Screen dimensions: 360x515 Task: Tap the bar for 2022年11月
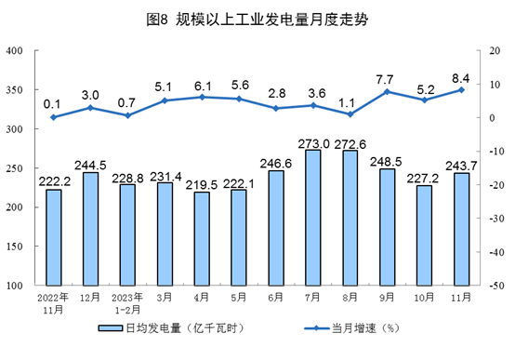click(x=53, y=237)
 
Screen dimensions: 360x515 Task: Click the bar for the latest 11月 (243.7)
click(x=461, y=229)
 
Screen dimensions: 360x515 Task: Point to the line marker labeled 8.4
click(x=461, y=89)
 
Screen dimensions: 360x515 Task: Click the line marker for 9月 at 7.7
click(x=388, y=91)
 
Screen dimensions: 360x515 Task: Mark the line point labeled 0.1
click(x=53, y=117)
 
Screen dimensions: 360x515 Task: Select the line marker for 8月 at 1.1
click(x=350, y=113)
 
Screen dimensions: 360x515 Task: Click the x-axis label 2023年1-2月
click(x=127, y=303)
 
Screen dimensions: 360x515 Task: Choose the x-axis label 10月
click(x=425, y=299)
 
